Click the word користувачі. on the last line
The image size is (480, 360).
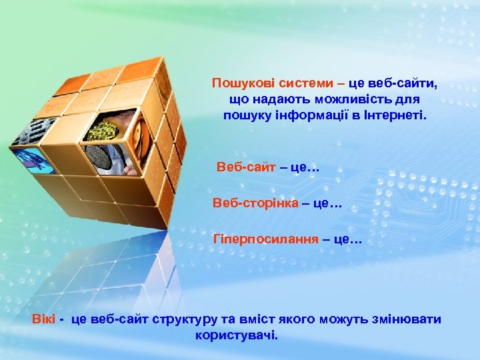tap(237, 335)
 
